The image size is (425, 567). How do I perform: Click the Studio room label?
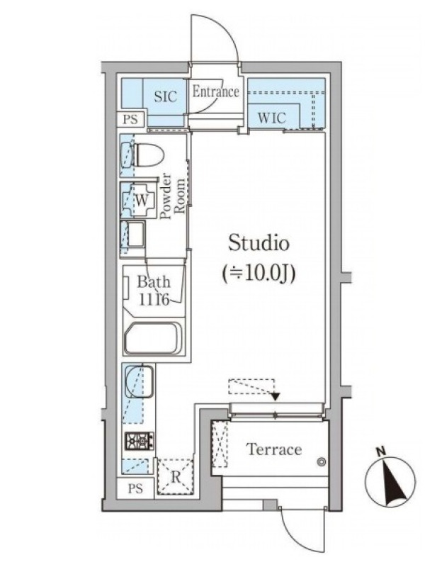pos(259,243)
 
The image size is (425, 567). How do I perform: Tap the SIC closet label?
pos(166,96)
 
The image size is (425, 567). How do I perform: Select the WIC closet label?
pos(271,118)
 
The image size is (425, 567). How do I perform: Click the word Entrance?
pos(215,91)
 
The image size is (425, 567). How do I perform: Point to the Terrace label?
pos(274,449)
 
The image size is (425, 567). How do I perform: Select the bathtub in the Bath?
pos(152,338)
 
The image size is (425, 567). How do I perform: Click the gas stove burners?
pos(140,441)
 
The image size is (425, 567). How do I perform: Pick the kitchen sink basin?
pos(140,382)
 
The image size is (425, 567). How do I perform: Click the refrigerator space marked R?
pos(176,476)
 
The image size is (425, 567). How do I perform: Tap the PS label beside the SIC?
pos(130,119)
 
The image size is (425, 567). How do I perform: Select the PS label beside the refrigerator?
pos(135,488)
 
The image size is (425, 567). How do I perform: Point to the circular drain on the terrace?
pos(321,462)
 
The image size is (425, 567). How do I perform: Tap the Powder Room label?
pos(173,197)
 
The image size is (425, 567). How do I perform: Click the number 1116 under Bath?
pos(154,300)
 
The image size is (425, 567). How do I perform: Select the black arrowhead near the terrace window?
pos(275,396)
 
